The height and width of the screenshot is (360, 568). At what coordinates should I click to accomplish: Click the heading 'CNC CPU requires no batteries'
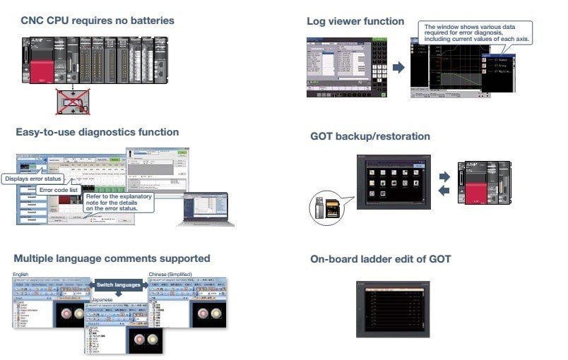pyautogui.click(x=97, y=20)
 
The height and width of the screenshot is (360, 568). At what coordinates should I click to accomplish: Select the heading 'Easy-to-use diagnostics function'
pyautogui.click(x=97, y=132)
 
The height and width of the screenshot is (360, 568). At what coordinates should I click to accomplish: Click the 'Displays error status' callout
pyautogui.click(x=33, y=179)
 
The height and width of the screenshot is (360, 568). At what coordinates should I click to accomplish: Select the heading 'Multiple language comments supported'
pyautogui.click(x=112, y=258)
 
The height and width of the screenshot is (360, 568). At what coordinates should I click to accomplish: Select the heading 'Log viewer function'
pyautogui.click(x=355, y=21)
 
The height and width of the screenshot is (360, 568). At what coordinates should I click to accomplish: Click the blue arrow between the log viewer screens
pyautogui.click(x=398, y=68)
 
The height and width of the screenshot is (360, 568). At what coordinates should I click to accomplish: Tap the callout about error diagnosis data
pyautogui.click(x=475, y=32)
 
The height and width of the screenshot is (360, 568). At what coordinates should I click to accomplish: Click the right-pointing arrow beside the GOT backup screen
pyautogui.click(x=443, y=176)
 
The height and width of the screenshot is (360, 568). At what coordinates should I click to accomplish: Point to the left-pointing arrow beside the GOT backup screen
pyautogui.click(x=443, y=192)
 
